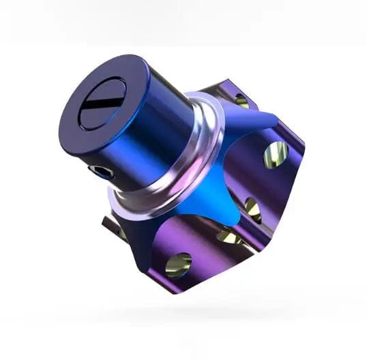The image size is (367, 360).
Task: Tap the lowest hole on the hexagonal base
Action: click(178, 265)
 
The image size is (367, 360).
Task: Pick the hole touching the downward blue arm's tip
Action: click(231, 237)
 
